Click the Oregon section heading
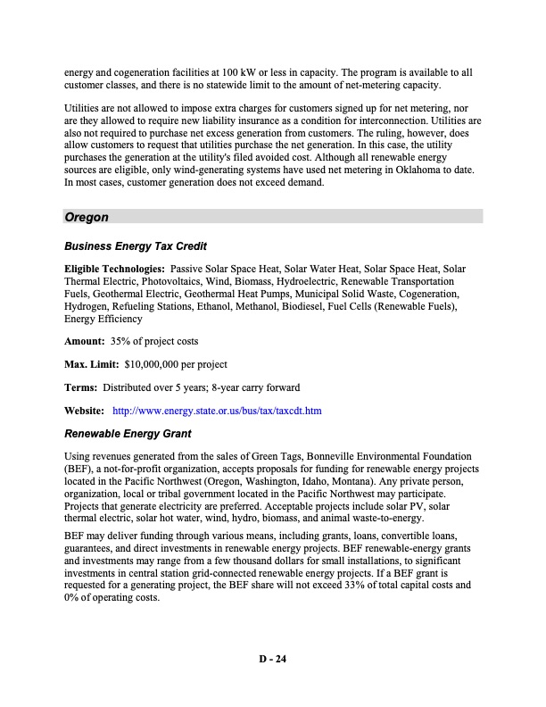click(x=87, y=217)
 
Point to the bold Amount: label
click(x=84, y=341)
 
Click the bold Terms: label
click(x=81, y=387)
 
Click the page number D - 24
click(x=273, y=660)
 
